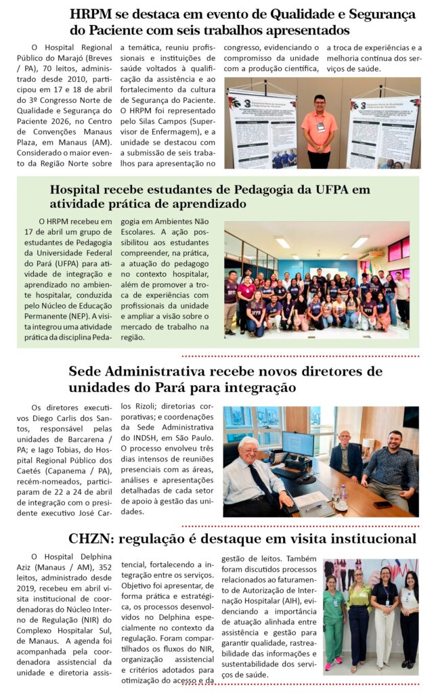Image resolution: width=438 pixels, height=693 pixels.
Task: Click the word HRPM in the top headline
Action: [91, 14]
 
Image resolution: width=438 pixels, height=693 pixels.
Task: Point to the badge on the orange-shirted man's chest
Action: [320, 126]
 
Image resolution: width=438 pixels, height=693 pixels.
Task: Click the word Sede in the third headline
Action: [85, 372]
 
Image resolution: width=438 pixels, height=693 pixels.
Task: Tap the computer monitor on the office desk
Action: [298, 445]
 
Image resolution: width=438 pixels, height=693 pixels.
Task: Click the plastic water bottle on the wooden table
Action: [343, 493]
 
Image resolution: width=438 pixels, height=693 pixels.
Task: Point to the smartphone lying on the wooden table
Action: [382, 504]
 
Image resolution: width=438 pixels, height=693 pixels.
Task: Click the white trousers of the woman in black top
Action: [384, 636]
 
